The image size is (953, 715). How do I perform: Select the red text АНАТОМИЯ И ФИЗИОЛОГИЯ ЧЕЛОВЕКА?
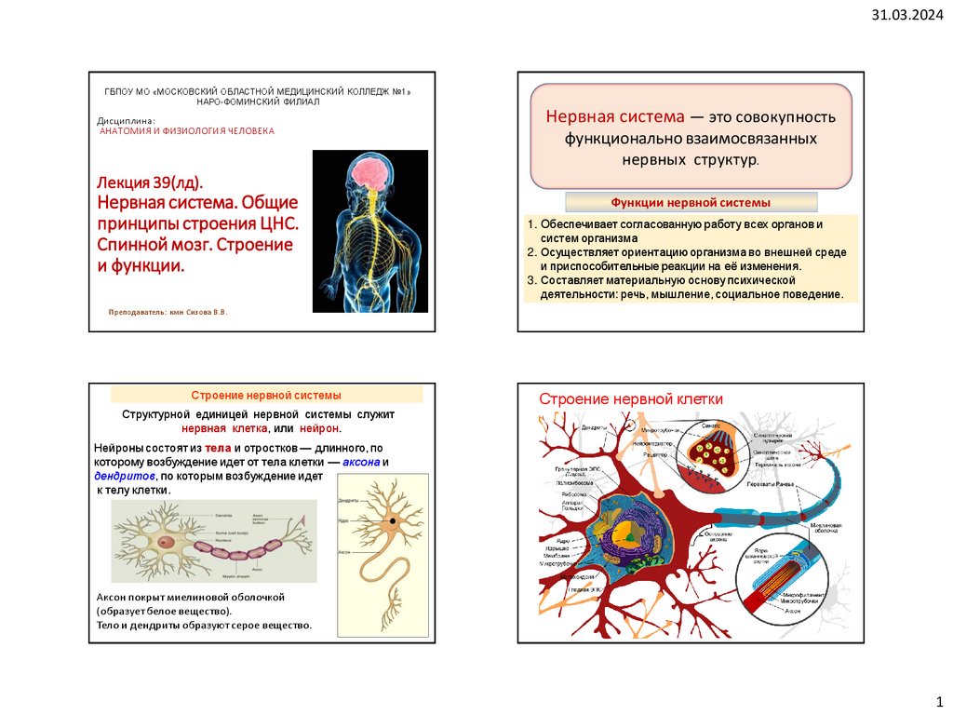tap(187, 132)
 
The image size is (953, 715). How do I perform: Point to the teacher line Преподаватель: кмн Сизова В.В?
tap(168, 312)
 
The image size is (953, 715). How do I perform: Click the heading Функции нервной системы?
tap(691, 202)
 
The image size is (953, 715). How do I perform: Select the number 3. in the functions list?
tap(530, 279)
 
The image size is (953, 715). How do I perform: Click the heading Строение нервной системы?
tap(266, 395)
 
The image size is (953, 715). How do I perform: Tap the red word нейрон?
tap(320, 428)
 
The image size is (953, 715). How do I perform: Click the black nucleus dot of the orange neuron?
tap(394, 519)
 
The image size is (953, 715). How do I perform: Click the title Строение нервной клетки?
tap(631, 398)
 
